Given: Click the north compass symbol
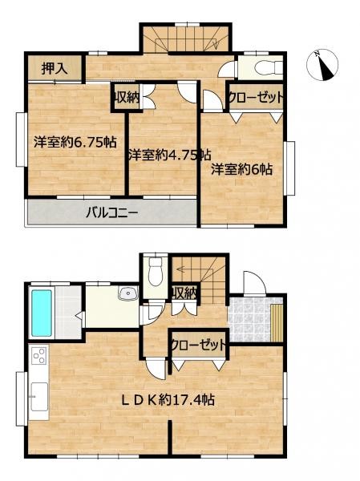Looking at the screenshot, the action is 322,65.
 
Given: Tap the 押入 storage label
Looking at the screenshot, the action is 55,68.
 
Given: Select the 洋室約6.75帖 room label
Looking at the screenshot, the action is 75,142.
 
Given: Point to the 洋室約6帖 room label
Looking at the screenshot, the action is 242,169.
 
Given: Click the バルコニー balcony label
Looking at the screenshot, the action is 111,212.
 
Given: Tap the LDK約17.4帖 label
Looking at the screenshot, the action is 168,400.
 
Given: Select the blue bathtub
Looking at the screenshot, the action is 42,313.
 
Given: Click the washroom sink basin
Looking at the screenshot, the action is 127,294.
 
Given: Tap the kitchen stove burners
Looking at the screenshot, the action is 39,355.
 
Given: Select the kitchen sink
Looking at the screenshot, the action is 39,396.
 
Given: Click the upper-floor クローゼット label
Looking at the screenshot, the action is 255,97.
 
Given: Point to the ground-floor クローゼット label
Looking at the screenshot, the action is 199,346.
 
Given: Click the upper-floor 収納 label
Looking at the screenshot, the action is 127,98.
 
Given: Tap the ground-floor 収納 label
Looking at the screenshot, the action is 184,293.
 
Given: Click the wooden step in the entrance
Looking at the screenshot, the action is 277,323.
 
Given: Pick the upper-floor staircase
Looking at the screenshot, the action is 186,39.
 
